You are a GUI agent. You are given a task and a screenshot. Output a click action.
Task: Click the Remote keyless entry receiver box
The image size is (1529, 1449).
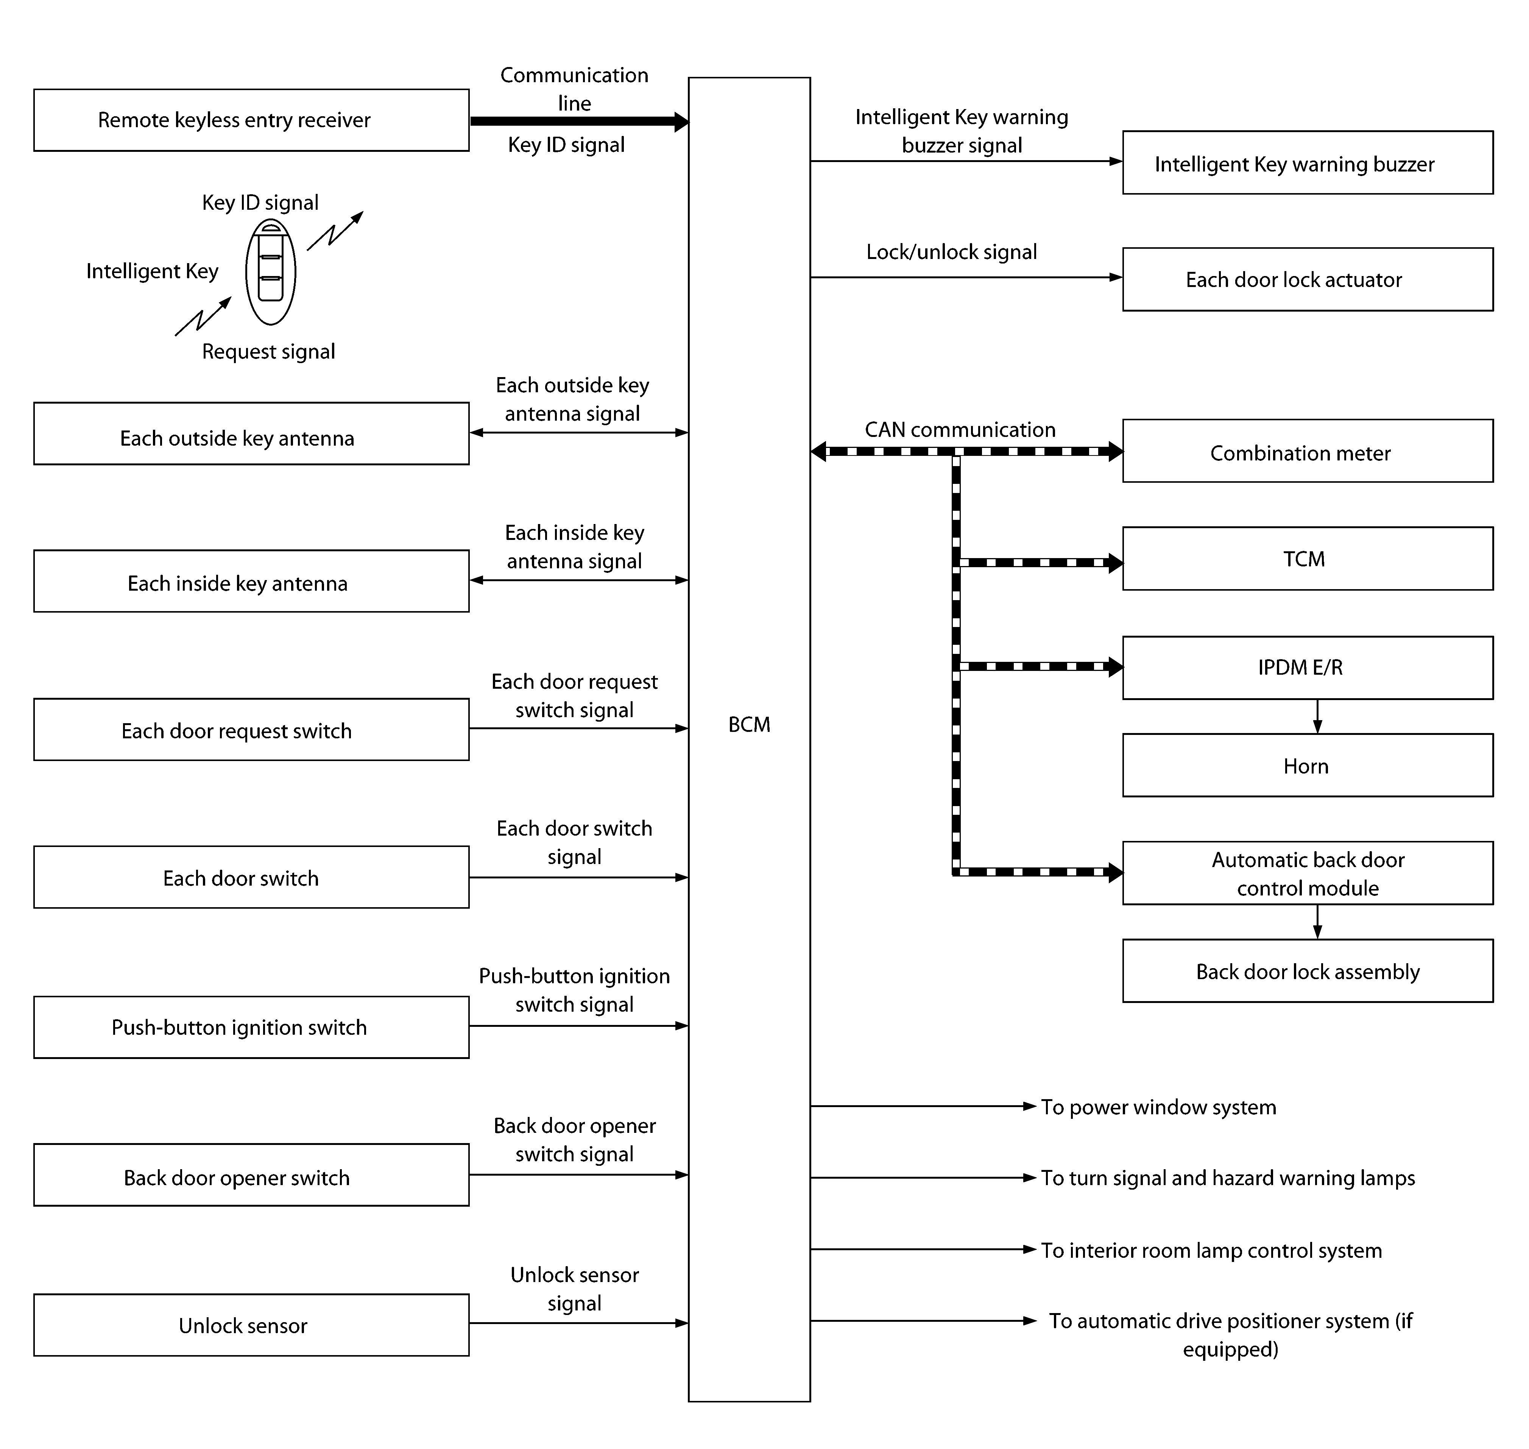point(251,120)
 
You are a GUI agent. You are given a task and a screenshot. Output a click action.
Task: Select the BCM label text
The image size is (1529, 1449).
point(749,725)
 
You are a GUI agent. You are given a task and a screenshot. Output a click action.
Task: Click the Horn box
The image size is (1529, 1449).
point(1308,766)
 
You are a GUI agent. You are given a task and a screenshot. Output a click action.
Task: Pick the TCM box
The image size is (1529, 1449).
point(1308,558)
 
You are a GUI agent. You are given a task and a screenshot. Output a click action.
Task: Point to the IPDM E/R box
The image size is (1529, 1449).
point(1308,668)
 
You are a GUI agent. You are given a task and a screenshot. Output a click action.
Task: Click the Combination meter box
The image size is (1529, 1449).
point(1308,451)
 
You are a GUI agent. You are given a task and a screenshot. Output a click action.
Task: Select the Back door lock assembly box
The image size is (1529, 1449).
point(1308,971)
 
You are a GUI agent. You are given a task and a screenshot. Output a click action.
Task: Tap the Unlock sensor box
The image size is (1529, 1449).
point(251,1326)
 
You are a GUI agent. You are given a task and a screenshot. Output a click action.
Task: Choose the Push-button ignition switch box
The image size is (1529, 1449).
point(251,1027)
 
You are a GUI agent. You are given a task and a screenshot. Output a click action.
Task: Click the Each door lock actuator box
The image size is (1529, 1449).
point(1308,279)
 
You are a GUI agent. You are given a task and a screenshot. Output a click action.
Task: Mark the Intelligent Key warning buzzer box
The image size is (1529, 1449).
point(1308,163)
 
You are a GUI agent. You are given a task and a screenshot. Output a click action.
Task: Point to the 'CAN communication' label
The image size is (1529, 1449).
point(960,429)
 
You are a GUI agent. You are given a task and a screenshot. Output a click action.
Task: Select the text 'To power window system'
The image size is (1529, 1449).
point(1158,1107)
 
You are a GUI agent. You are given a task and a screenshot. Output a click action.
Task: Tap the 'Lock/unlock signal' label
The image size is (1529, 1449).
point(951,252)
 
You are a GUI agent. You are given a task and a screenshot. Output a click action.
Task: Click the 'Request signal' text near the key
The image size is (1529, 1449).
point(268,351)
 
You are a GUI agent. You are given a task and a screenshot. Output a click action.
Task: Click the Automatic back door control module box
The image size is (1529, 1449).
point(1308,873)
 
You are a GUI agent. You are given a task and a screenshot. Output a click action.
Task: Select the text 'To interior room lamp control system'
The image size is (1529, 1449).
point(1211,1251)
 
